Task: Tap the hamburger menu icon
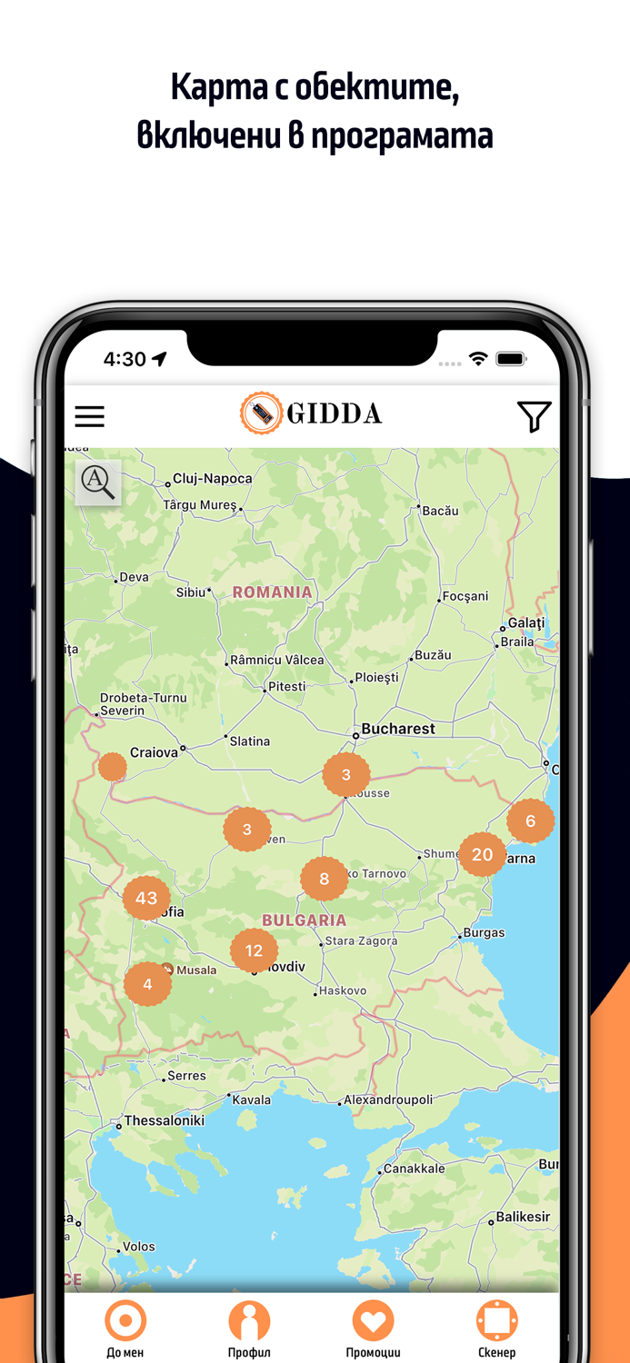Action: (x=89, y=416)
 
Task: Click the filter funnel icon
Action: (x=534, y=416)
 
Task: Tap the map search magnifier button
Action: (x=98, y=482)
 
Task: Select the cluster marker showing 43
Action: (x=146, y=898)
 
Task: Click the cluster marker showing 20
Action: (x=482, y=854)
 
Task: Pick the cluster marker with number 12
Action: (x=254, y=950)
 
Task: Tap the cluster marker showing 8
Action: (x=325, y=879)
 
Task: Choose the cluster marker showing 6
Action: (x=530, y=821)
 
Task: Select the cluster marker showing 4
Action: (x=147, y=983)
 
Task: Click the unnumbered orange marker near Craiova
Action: (x=113, y=766)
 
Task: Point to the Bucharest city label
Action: (x=398, y=729)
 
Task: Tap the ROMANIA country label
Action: (x=272, y=592)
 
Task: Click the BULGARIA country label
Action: (x=304, y=920)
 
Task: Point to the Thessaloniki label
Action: (x=165, y=1120)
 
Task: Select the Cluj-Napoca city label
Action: (x=213, y=479)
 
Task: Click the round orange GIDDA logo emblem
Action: (x=262, y=414)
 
